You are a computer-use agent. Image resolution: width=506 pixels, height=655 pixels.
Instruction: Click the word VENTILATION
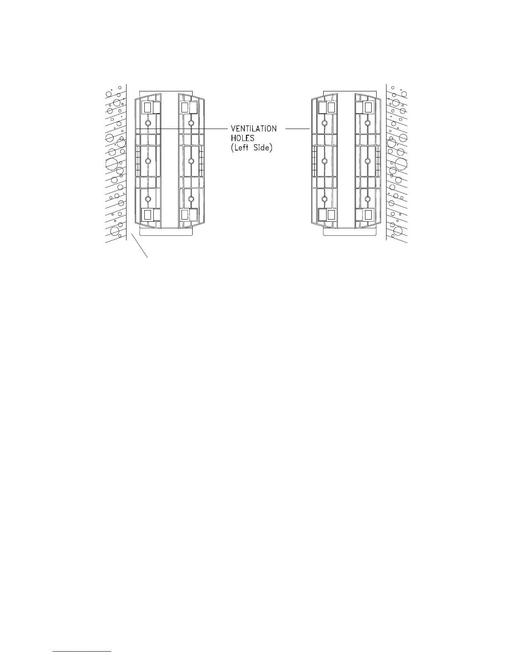[x=253, y=129]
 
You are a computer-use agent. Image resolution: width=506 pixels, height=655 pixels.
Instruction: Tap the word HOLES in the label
[x=242, y=138]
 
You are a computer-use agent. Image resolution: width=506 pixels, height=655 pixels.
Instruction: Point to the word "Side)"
[x=263, y=148]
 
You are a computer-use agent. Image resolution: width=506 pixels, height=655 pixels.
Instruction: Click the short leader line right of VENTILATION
[x=298, y=129]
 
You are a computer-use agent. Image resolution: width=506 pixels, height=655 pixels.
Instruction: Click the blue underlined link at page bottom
[x=83, y=652]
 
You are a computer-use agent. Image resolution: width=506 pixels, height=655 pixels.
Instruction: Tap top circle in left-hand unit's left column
[x=148, y=123]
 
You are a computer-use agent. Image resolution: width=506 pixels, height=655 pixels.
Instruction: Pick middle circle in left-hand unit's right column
[x=191, y=161]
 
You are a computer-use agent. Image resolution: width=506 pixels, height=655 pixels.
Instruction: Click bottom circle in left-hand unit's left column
[x=148, y=199]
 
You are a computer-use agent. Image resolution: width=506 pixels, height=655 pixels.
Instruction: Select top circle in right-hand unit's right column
[x=367, y=123]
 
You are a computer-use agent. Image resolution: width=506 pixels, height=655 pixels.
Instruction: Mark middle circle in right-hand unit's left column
[x=325, y=161]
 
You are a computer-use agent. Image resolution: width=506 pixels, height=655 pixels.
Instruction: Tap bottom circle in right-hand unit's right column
[x=367, y=199]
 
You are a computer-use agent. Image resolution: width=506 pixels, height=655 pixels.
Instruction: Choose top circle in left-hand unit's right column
[x=191, y=123]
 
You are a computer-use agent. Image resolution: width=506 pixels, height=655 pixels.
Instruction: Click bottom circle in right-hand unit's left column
[x=325, y=199]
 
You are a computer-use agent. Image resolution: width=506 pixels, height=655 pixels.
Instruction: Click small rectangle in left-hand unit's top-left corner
[x=147, y=108]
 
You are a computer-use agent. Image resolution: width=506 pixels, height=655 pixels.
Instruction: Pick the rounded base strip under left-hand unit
[x=166, y=232]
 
